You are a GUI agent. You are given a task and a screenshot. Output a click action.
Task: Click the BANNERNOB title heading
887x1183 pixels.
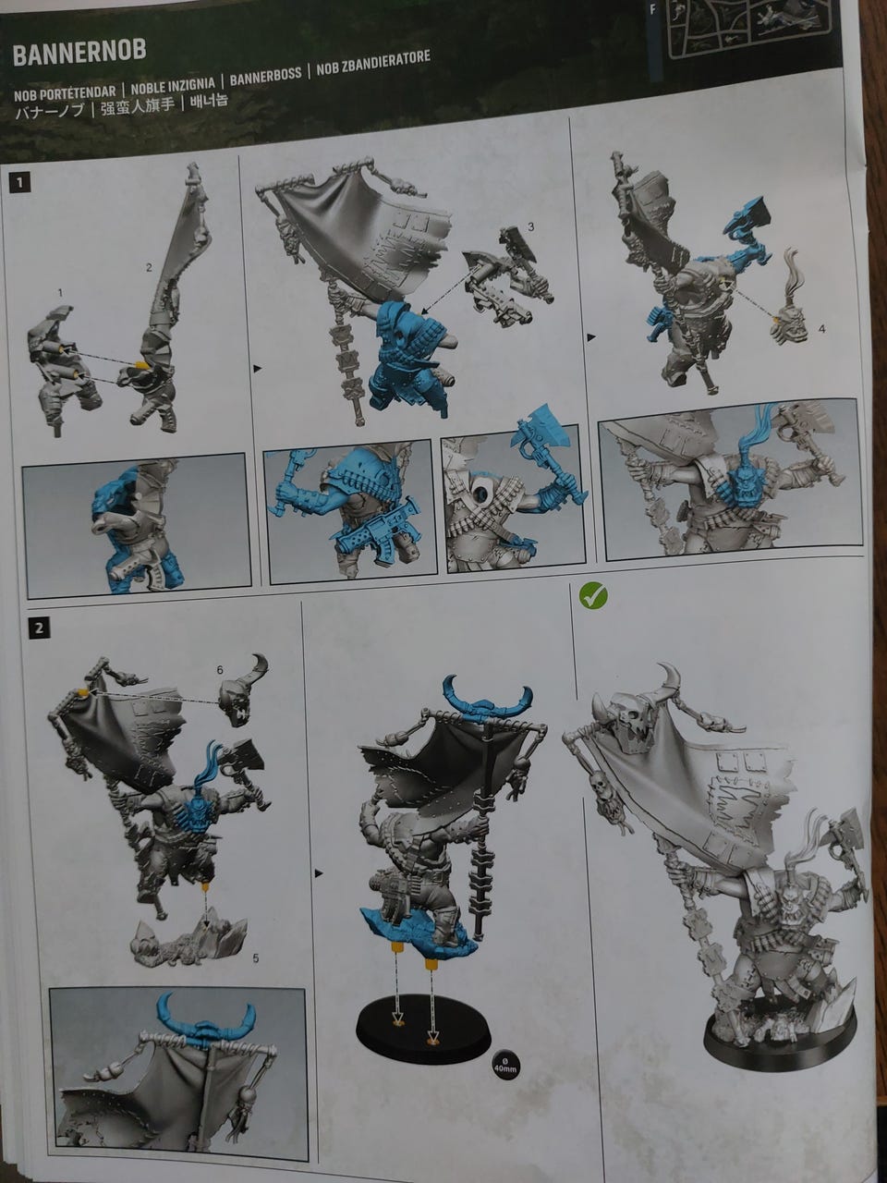(79, 53)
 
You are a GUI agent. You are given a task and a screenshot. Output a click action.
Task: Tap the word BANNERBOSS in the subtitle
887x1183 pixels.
(265, 77)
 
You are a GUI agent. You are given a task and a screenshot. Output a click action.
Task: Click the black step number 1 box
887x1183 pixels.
(20, 183)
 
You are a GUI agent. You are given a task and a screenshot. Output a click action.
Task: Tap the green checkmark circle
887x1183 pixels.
(593, 596)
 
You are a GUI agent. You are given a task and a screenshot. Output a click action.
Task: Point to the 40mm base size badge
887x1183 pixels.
(504, 1065)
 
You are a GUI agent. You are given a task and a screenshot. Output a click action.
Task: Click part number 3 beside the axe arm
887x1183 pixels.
(531, 227)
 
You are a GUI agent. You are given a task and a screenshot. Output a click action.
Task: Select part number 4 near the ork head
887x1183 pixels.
(820, 328)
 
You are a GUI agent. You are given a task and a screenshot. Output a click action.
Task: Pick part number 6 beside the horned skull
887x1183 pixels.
(220, 670)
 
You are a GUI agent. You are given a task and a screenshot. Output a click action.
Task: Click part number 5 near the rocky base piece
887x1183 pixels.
(256, 958)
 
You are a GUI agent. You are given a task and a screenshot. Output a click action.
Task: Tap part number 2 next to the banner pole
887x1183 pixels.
(149, 267)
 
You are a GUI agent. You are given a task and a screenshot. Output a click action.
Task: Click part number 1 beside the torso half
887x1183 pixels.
(60, 293)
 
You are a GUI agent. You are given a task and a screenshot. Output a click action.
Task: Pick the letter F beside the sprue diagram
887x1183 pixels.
(653, 9)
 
